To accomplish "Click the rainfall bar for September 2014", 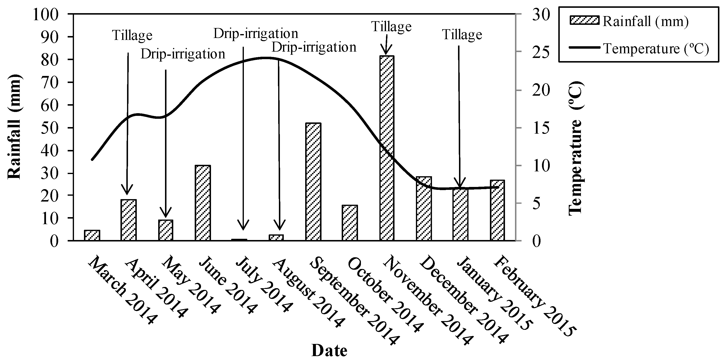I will click(x=313, y=182).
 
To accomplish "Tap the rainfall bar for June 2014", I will click(x=203, y=203).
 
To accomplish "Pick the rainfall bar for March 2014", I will click(x=92, y=235).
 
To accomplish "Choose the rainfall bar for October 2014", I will click(x=349, y=223).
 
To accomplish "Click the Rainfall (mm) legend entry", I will click(x=629, y=21).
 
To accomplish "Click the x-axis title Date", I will click(x=329, y=351).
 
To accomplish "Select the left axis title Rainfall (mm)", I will click(x=14, y=127).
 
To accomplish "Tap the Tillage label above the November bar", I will click(x=391, y=27).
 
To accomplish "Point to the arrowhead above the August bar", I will click(x=279, y=225).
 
